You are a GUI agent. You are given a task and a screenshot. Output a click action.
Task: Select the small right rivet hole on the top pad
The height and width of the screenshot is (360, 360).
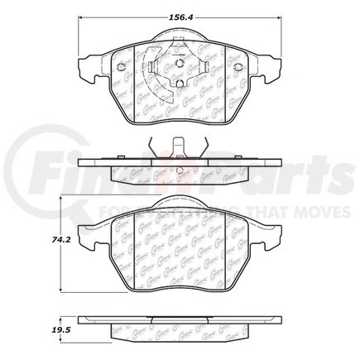(237, 67)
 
